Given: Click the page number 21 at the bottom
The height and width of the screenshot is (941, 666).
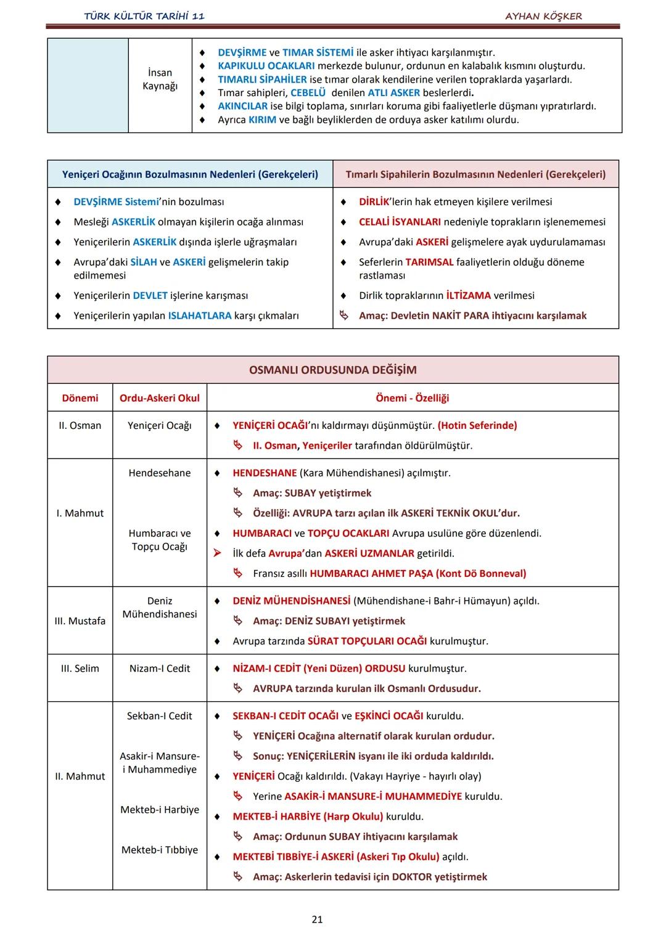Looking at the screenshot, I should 317,919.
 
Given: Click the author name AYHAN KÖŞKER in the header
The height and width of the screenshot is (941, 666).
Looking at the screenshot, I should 543,16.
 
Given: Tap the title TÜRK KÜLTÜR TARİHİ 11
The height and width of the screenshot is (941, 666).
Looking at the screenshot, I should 144,16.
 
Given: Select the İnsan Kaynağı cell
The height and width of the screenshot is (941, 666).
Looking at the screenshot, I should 160,79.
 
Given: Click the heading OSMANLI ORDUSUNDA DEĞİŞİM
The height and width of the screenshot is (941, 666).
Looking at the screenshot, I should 332,370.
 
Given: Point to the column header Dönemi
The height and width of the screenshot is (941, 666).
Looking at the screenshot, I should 80,398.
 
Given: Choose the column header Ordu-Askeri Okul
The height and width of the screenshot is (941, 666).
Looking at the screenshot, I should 160,398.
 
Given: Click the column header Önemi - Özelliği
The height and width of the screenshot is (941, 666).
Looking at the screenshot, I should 412,398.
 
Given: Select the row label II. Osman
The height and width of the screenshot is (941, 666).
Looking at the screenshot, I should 80,425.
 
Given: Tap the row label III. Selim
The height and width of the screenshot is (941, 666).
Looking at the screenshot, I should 80,668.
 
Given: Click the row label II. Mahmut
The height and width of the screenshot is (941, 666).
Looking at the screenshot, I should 80,776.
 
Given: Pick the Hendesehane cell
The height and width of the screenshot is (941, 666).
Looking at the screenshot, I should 160,473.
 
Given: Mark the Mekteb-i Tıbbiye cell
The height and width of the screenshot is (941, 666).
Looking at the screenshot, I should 160,850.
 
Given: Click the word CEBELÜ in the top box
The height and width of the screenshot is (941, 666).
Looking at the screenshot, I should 308,92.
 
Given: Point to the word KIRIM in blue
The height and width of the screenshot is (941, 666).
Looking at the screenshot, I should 262,120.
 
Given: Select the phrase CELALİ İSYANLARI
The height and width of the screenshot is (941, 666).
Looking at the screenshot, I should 400,222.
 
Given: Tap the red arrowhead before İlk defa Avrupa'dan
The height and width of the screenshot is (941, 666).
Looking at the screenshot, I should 217,553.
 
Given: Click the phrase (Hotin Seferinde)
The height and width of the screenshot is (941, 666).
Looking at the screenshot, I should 477,425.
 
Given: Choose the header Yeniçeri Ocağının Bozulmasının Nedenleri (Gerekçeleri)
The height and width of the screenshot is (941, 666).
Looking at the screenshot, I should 190,174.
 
